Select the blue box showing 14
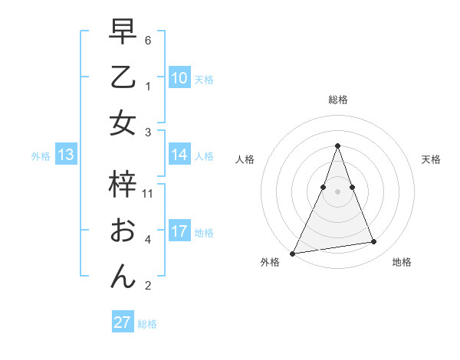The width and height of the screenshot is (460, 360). click(179, 155)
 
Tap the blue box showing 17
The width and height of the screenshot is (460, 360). click(179, 231)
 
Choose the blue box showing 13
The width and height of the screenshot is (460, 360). click(66, 155)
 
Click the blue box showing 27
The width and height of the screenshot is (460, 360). click(123, 322)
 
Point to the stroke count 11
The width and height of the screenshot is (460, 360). click(148, 194)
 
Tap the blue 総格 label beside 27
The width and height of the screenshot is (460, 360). click(147, 324)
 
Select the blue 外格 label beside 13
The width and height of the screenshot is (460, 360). click(41, 156)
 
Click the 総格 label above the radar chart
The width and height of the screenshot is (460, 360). click(338, 100)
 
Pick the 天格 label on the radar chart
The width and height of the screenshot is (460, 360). click(432, 159)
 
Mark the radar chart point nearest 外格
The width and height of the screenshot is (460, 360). click(293, 253)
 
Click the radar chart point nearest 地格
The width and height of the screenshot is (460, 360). click(374, 242)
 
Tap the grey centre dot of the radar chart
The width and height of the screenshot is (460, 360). click(337, 191)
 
